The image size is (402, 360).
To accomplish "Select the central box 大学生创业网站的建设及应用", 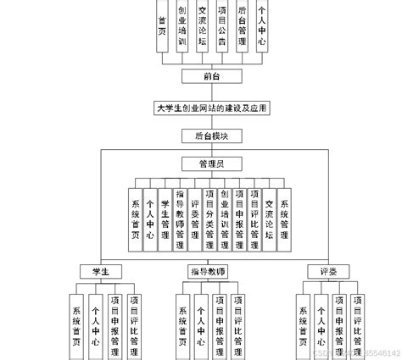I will click(x=201, y=108).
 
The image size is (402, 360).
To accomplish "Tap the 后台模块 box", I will click(x=201, y=134).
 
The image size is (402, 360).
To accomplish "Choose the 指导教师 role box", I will click(x=206, y=271).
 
